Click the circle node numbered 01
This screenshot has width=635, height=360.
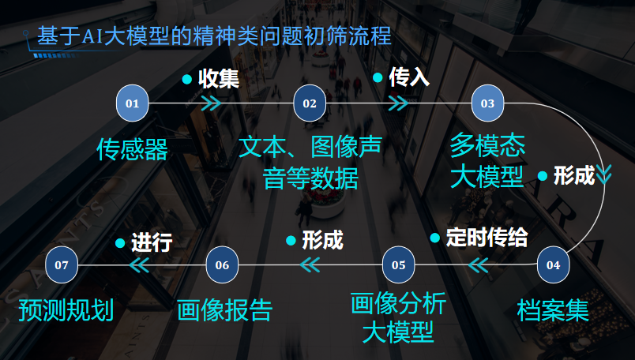pos(133,103)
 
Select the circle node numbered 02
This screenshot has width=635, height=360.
pos(310,103)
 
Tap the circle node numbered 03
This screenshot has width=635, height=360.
pos(487,103)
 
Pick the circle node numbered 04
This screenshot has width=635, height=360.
pos(553,264)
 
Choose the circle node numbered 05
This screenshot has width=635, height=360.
pos(398,264)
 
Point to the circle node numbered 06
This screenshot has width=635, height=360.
pos(222,264)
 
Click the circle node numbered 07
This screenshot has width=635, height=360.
pos(62,264)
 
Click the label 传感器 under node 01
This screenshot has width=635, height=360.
pos(133,149)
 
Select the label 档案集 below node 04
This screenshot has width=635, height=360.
pos(553,309)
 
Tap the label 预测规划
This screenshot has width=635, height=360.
pos(66,309)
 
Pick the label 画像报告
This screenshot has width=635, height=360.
pos(224,309)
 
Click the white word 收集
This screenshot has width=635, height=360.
pos(219,79)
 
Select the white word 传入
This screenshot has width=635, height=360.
pos(409,77)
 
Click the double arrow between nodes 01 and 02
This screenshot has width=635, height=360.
pos(211,103)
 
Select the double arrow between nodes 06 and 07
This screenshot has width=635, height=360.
pos(139,265)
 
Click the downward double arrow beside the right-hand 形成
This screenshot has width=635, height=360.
pos(604,174)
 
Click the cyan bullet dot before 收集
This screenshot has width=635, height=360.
pos(187,79)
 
